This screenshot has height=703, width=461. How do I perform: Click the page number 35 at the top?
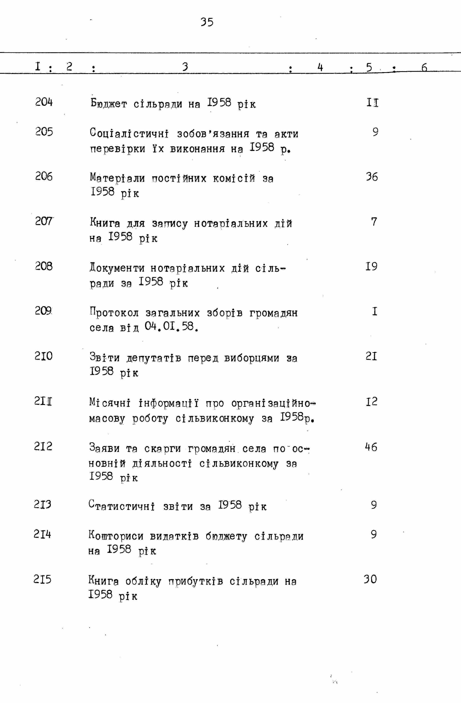(x=207, y=22)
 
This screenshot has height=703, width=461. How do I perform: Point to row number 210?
(x=43, y=356)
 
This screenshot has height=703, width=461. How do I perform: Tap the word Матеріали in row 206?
(x=118, y=178)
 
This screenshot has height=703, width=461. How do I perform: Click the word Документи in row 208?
(x=117, y=268)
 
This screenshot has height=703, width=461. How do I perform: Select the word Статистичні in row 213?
(x=122, y=506)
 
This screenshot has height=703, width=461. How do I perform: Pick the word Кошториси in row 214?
(x=116, y=536)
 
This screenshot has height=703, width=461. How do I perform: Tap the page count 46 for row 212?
(x=371, y=447)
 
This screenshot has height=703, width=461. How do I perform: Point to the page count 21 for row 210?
(x=371, y=356)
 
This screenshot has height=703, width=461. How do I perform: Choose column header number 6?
(x=424, y=68)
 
